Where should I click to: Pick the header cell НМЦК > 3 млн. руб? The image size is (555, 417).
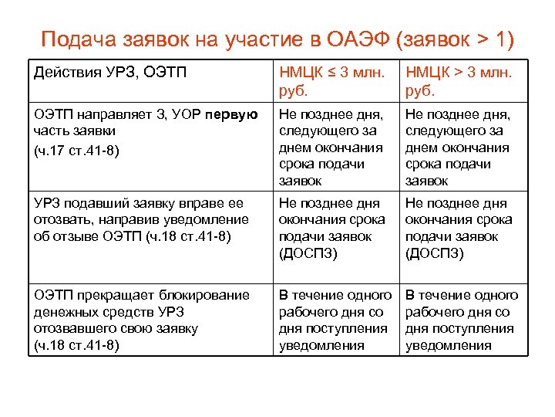tap(461, 81)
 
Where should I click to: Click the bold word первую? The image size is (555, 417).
tap(232, 115)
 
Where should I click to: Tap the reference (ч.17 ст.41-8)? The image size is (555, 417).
tap(76, 149)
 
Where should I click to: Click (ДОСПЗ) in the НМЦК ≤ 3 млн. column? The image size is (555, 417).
tap(308, 253)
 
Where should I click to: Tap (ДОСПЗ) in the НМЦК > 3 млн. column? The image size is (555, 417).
tap(435, 253)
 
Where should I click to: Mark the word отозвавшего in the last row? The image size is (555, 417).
tap(73, 328)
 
